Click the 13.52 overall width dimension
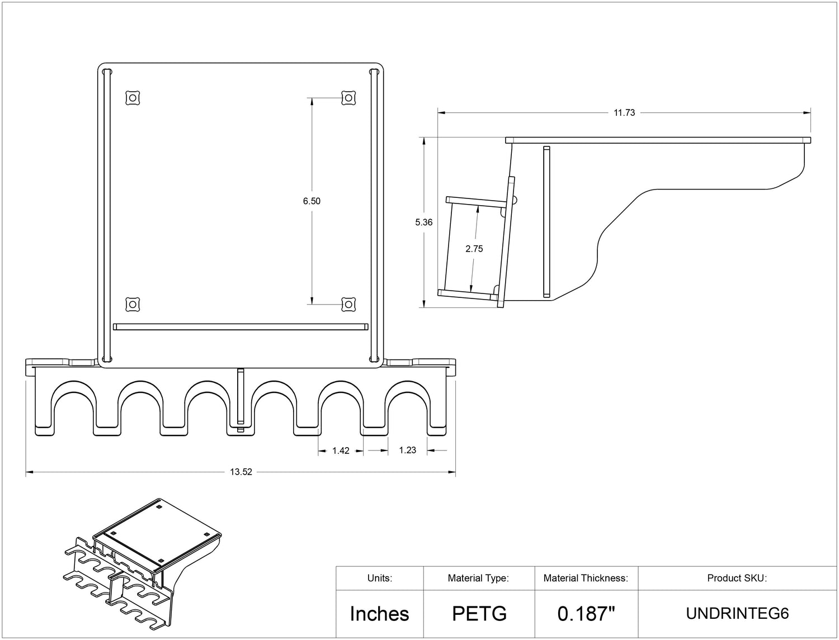coord(241,472)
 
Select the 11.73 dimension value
coord(624,112)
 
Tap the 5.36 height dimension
coord(423,222)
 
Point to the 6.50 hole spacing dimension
coord(312,201)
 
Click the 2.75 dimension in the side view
coord(474,249)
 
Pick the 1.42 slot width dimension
coord(341,451)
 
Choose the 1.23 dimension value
coord(407,450)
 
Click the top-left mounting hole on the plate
coord(132,98)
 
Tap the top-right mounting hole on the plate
coord(348,98)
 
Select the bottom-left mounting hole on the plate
coord(132,304)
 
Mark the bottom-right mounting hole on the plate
coord(348,304)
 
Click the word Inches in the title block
coord(379,614)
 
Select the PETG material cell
coord(479,614)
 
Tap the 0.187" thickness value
coord(586,614)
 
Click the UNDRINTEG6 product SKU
coord(737,614)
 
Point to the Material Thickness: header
coord(586,578)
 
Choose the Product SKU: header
coord(737,578)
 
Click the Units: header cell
coord(379,578)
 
